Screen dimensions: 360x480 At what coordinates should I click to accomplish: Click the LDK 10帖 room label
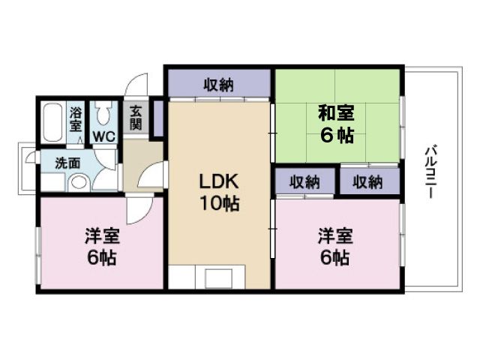pos(219,192)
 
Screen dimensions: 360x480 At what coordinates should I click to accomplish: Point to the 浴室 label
pos(76,119)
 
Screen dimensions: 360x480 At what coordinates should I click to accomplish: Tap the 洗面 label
pos(67,162)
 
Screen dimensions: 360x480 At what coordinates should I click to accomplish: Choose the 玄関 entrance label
pos(136,118)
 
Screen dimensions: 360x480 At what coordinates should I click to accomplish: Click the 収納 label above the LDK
pos(218,85)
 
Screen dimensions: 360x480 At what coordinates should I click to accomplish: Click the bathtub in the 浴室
pos(53,122)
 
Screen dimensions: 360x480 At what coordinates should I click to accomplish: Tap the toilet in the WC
pos(103,114)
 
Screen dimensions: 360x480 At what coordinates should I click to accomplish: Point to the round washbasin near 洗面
pos(77,182)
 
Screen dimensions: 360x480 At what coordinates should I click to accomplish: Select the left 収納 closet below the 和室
pos(304,182)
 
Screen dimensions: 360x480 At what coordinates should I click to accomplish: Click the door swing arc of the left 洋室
pos(139,210)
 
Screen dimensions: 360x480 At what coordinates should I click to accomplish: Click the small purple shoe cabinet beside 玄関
pos(158,118)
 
